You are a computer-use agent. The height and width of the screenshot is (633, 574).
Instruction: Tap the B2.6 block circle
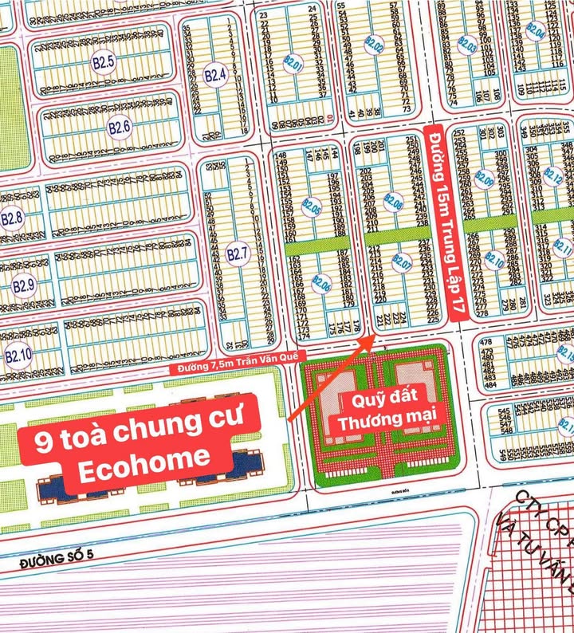120,127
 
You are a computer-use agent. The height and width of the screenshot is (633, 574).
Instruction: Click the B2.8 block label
12,218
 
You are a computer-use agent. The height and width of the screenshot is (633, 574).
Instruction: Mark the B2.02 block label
374,45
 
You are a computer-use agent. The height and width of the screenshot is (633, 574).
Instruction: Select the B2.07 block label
401,261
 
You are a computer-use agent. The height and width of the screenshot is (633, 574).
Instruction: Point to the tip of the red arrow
368,336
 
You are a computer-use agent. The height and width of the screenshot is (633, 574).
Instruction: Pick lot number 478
486,344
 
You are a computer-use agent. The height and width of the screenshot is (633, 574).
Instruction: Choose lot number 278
481,313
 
